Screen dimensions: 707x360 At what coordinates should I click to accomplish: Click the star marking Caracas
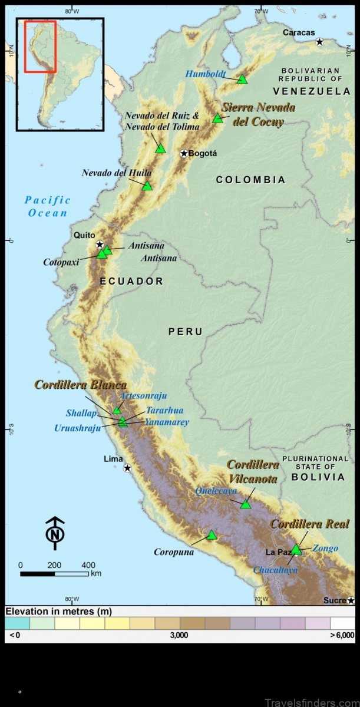click(319, 42)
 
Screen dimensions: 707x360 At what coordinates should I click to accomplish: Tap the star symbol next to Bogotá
click(184, 153)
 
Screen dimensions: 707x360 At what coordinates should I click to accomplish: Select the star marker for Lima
click(127, 468)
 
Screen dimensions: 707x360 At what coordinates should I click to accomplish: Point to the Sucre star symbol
click(351, 600)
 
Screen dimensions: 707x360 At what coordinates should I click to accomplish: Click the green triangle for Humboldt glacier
click(242, 79)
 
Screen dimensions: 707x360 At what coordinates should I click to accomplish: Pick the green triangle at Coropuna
click(212, 535)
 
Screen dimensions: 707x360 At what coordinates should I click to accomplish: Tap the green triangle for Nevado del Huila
click(147, 186)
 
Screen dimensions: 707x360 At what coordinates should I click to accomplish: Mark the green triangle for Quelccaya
click(246, 504)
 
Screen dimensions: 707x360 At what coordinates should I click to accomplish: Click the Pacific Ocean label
click(48, 207)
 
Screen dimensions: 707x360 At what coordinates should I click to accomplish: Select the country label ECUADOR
click(131, 282)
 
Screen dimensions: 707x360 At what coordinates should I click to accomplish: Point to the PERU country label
click(186, 332)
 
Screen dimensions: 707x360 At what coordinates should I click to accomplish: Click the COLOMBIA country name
click(250, 180)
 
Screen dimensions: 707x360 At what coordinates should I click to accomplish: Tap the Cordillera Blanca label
click(80, 385)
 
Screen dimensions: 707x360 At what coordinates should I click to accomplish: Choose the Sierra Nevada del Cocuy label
click(258, 114)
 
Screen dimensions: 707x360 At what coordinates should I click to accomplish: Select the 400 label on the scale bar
click(88, 565)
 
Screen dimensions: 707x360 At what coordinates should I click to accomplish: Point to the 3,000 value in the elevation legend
click(179, 635)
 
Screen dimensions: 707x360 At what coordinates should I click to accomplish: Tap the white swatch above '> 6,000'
click(342, 623)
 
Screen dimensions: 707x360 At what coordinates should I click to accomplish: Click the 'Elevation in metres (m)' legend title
click(59, 612)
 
